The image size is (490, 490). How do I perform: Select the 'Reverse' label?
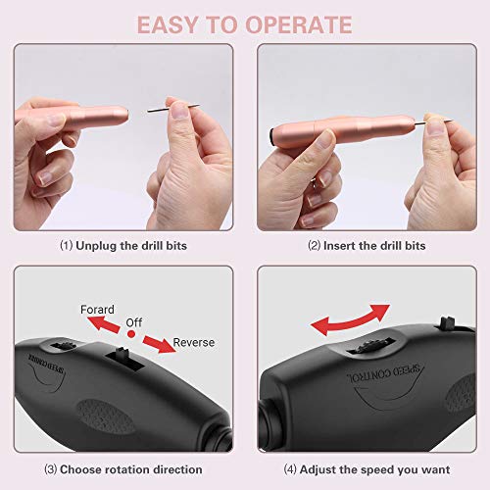pos(193,342)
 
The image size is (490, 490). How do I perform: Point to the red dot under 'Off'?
pos(131,334)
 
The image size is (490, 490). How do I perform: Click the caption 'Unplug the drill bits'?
pos(129,245)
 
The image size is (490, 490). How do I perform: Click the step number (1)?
pos(67,245)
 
